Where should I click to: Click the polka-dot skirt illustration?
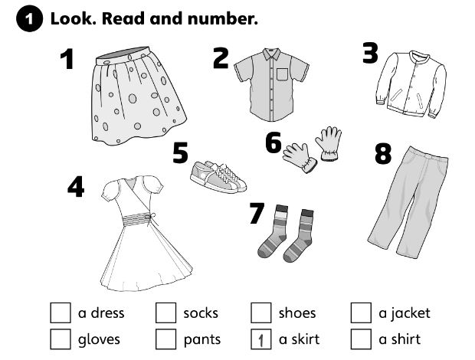[x=138, y=97]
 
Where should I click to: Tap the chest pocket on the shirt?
[x=282, y=75]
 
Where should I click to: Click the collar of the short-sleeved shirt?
[x=271, y=54]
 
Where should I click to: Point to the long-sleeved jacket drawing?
[x=411, y=84]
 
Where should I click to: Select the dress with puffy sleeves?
[x=146, y=233]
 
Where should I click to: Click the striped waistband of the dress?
[x=137, y=220]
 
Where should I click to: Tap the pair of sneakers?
[x=218, y=177]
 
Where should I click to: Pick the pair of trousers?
[x=408, y=202]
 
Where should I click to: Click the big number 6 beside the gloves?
[x=274, y=142]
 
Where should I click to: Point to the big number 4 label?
[x=76, y=187]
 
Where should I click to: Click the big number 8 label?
[x=383, y=153]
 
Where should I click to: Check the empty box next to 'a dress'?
[x=61, y=313]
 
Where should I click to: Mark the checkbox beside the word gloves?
[x=61, y=339]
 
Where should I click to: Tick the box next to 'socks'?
[x=165, y=313]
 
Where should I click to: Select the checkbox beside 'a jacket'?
[x=361, y=313]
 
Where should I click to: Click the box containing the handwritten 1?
[x=261, y=339]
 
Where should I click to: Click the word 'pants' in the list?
[x=202, y=340]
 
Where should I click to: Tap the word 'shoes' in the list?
[x=297, y=313]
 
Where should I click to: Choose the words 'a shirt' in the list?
[x=400, y=339]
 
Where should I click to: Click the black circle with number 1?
[x=29, y=19]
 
